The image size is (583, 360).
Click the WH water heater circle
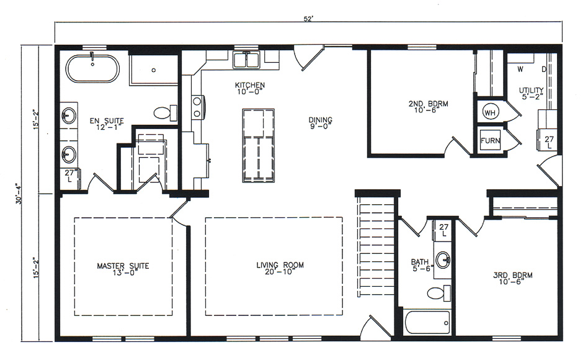click(x=490, y=113)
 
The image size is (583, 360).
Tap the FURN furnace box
click(x=490, y=141)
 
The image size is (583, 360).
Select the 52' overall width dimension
click(x=308, y=19)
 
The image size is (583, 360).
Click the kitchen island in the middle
click(x=258, y=145)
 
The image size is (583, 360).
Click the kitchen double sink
click(x=246, y=60)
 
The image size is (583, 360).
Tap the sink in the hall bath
click(x=443, y=259)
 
